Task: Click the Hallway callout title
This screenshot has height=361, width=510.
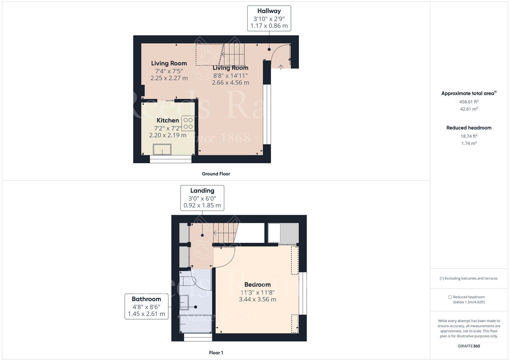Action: (269, 11)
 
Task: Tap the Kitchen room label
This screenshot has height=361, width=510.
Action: (168, 120)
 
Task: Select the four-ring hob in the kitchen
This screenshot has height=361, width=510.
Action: (188, 123)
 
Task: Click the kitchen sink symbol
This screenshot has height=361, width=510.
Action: (162, 149)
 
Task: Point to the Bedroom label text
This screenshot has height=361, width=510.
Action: (258, 284)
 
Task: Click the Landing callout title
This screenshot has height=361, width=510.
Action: (202, 191)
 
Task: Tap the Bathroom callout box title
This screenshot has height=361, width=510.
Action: (146, 299)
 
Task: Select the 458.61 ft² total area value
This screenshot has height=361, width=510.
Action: (469, 102)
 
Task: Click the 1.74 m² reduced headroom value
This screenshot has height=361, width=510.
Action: (469, 143)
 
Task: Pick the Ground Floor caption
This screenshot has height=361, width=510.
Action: (216, 174)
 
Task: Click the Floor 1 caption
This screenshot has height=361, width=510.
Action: (216, 353)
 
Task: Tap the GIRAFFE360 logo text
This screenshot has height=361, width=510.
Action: (469, 346)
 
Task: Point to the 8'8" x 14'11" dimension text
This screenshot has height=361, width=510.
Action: (231, 76)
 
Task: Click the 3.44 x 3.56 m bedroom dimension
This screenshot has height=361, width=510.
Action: (258, 299)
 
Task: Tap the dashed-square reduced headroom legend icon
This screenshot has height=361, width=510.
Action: (450, 297)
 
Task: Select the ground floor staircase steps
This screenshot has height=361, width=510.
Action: (233, 54)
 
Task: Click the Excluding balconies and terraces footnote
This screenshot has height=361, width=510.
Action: (469, 279)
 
